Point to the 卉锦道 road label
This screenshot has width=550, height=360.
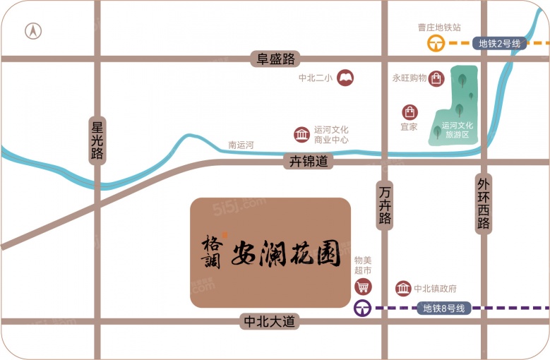click(x=309, y=161)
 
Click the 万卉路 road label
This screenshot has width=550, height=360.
click(x=385, y=205)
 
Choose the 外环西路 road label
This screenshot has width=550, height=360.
click(x=484, y=203)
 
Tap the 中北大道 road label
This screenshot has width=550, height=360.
click(x=269, y=321)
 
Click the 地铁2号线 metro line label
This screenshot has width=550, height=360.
click(x=499, y=43)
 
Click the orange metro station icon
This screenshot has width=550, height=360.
click(x=436, y=44)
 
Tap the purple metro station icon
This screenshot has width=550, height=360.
click(x=363, y=308)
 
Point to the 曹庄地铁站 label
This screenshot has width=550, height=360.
click(x=439, y=28)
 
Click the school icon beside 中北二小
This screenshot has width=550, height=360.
click(x=345, y=78)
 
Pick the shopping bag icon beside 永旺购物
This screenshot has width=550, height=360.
click(x=438, y=78)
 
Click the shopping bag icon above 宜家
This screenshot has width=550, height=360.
click(x=409, y=112)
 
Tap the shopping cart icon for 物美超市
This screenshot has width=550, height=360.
click(x=363, y=287)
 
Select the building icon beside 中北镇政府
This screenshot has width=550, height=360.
click(x=403, y=288)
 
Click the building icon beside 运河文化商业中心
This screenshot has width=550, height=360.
click(x=302, y=134)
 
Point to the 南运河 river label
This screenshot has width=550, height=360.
click(x=241, y=145)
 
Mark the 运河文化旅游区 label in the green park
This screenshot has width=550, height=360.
click(x=457, y=130)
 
